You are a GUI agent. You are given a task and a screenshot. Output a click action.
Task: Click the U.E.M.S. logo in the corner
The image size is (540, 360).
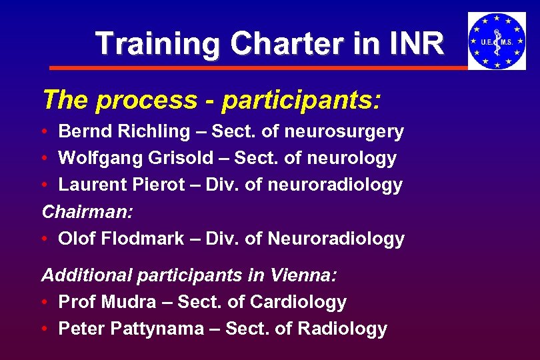(497, 41)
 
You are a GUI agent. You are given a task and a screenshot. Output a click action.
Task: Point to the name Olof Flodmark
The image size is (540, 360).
(121, 238)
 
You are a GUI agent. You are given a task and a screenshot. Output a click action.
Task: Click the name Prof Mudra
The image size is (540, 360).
(105, 301)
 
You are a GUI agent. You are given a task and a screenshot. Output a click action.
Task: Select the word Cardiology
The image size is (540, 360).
(298, 302)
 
